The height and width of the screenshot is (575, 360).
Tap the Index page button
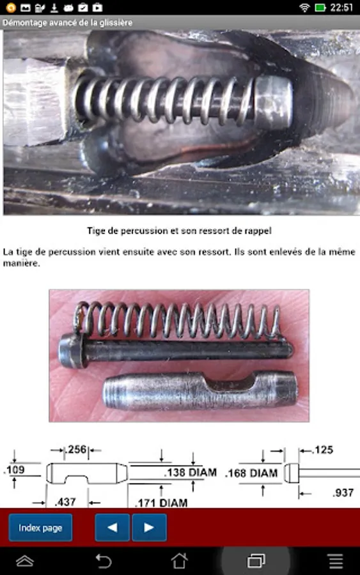(40, 528)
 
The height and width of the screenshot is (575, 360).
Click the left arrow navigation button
(113, 528)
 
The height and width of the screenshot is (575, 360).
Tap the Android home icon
(180, 561)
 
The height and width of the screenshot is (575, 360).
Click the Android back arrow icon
(104, 561)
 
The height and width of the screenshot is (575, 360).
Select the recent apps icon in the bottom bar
(256, 561)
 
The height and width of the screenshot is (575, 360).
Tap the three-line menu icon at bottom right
(336, 561)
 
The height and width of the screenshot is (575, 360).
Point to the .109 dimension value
(15, 470)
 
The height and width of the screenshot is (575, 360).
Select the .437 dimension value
(65, 502)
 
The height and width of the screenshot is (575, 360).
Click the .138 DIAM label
(190, 472)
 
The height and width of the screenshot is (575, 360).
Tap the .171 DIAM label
(161, 503)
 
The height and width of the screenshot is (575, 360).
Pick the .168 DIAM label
(251, 473)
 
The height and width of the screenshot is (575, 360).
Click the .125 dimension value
(323, 450)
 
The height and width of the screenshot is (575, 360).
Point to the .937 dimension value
(343, 493)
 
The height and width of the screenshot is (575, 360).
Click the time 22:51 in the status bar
(341, 7)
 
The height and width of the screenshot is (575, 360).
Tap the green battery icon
(320, 7)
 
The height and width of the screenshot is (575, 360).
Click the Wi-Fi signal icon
(304, 7)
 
